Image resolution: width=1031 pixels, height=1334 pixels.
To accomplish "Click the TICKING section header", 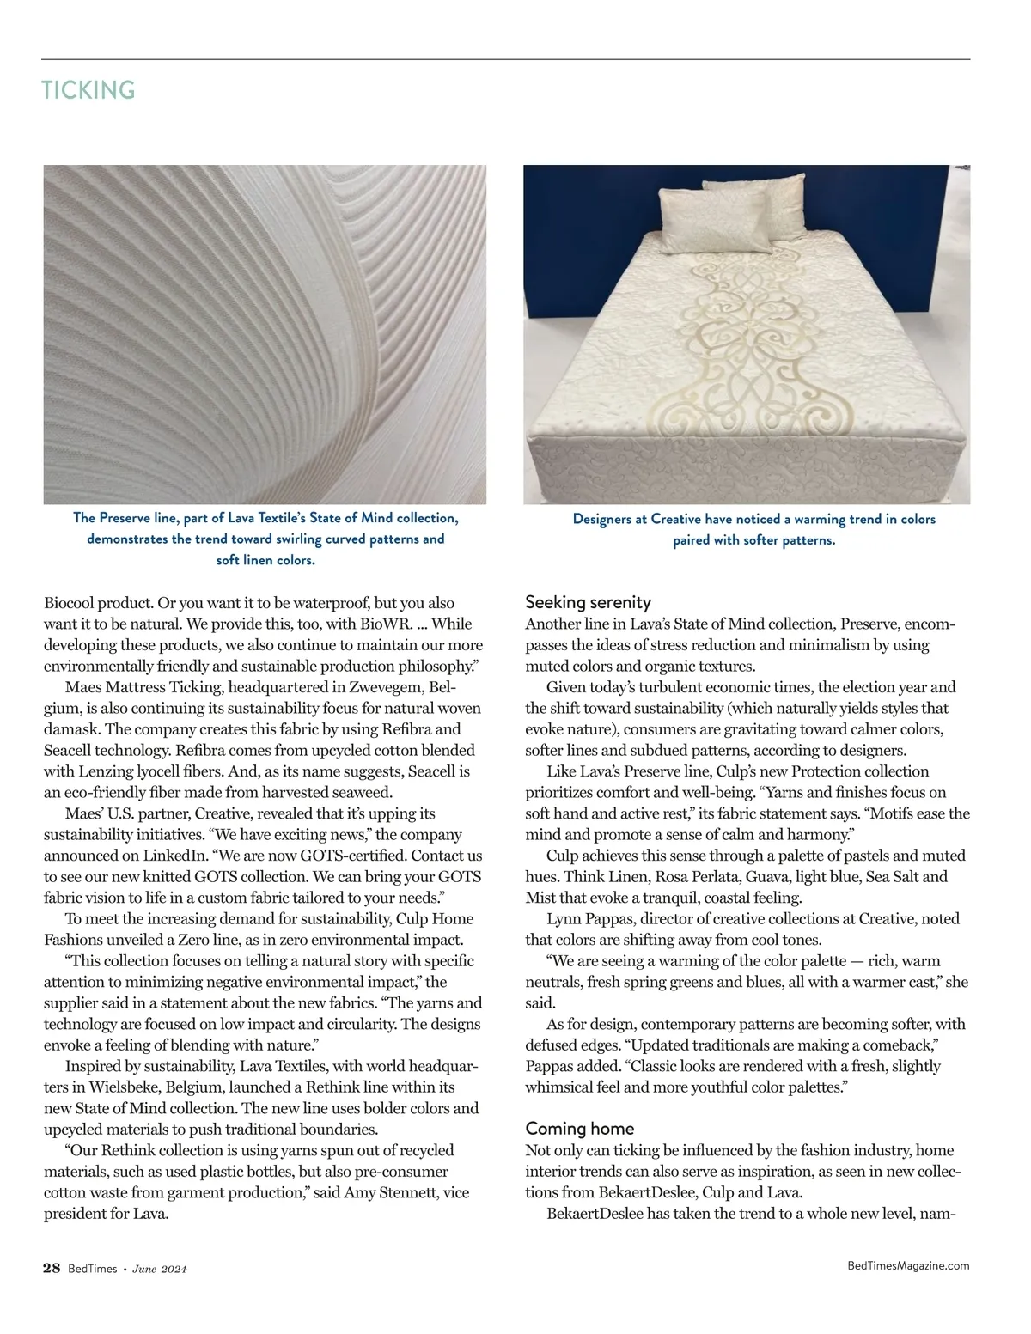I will click(x=88, y=90).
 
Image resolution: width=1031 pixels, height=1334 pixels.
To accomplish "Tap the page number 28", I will click(x=52, y=1269).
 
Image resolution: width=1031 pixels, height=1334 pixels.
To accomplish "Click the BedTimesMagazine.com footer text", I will click(x=908, y=1265).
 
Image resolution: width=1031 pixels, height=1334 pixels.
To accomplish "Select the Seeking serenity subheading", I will click(x=588, y=602).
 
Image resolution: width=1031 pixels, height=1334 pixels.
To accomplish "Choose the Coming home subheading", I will click(x=579, y=1129).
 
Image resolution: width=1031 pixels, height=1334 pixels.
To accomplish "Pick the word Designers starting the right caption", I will click(x=609, y=519).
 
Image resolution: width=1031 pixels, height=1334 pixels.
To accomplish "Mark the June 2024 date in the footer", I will click(x=160, y=1270).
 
